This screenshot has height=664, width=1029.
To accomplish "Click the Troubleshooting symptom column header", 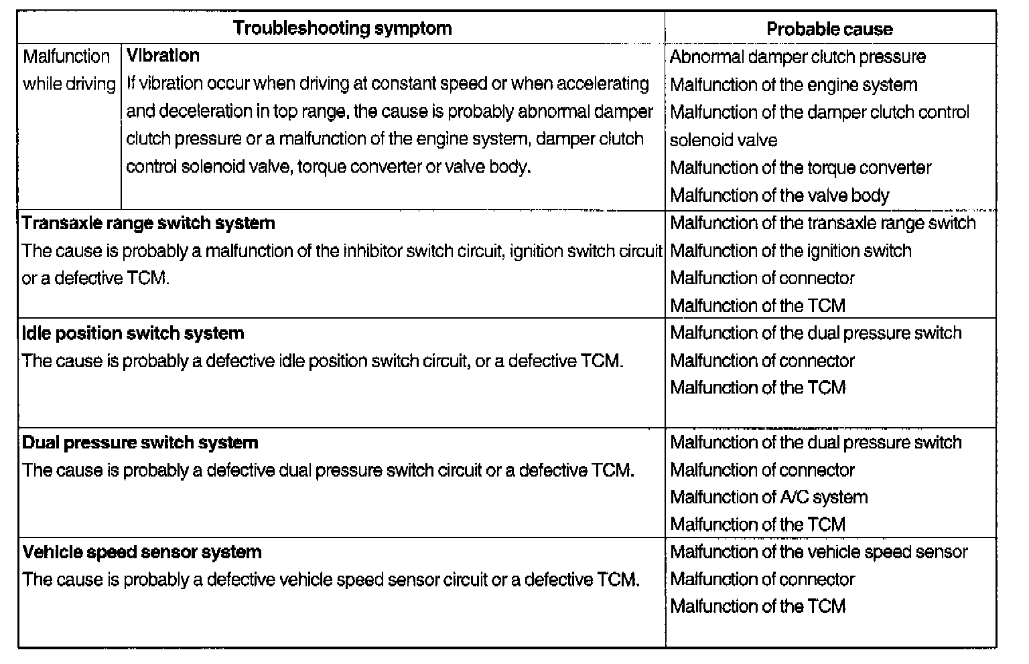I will pyautogui.click(x=342, y=28).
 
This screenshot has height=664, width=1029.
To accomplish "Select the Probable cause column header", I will pyautogui.click(x=829, y=29).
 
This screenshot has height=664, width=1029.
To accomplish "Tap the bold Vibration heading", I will pyautogui.click(x=163, y=56).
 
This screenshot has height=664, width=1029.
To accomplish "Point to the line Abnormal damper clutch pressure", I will pyautogui.click(x=797, y=57).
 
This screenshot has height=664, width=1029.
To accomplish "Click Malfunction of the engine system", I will pyautogui.click(x=793, y=85).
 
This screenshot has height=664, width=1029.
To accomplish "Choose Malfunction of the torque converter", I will pyautogui.click(x=800, y=167).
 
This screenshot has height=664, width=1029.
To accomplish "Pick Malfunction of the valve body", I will pyautogui.click(x=779, y=195).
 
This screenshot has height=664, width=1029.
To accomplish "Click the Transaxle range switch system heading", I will pyautogui.click(x=149, y=223).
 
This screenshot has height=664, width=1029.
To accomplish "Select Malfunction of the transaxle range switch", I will pyautogui.click(x=823, y=223).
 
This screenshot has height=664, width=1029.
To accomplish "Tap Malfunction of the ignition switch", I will pyautogui.click(x=791, y=251).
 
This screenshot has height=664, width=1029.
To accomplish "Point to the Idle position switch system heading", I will pyautogui.click(x=133, y=333).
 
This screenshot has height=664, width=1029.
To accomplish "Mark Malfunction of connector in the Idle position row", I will pyautogui.click(x=762, y=361).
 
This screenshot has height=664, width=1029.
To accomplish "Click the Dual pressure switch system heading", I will pyautogui.click(x=140, y=442).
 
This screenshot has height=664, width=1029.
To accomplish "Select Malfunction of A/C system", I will pyautogui.click(x=768, y=497).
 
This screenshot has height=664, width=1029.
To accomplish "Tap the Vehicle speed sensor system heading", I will pyautogui.click(x=142, y=552).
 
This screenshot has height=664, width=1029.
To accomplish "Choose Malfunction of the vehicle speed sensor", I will pyautogui.click(x=819, y=552).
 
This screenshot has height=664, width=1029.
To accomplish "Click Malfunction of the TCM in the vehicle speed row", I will pyautogui.click(x=758, y=606).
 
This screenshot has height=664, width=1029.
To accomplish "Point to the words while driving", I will pyautogui.click(x=69, y=84).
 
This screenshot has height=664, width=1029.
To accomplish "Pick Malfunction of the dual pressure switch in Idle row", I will pyautogui.click(x=815, y=333).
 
